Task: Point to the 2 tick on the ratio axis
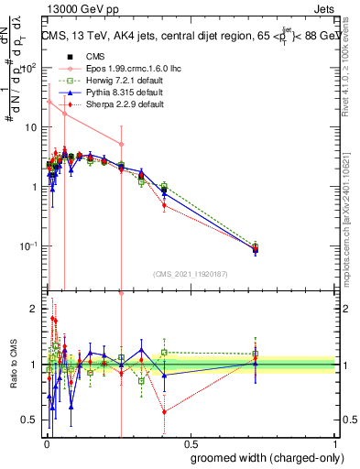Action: pyautogui.click(x=37, y=310)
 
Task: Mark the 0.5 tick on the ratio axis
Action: pyautogui.click(x=33, y=420)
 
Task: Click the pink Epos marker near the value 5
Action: pyautogui.click(x=121, y=144)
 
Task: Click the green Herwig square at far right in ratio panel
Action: pyautogui.click(x=256, y=354)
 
